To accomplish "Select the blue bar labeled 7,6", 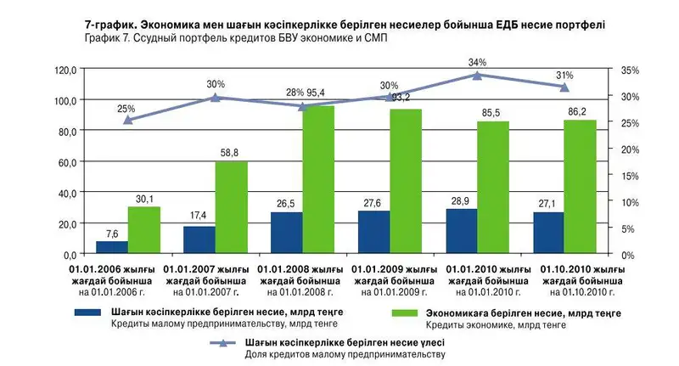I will [x=112, y=247].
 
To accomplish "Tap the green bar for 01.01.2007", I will [x=231, y=207].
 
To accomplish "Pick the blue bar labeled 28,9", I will [x=460, y=231].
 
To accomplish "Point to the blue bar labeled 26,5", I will [x=286, y=233].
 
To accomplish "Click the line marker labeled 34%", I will [x=477, y=75].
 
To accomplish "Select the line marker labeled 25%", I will [x=127, y=120].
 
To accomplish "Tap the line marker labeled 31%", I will [x=564, y=87].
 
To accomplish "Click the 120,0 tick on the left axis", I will [x=65, y=70].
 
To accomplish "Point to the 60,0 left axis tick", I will [x=66, y=162].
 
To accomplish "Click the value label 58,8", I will [x=230, y=152].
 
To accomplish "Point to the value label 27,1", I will [x=548, y=204].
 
